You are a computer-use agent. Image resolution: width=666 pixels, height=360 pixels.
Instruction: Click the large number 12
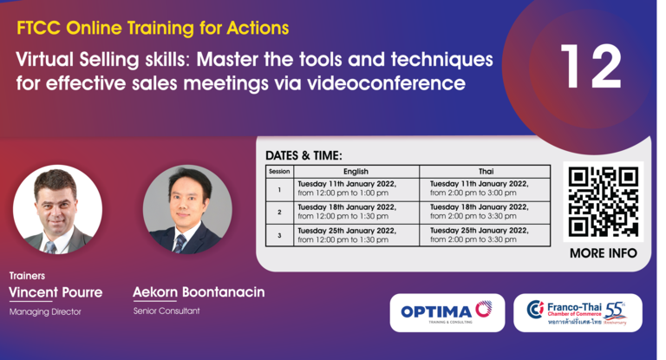[591, 66]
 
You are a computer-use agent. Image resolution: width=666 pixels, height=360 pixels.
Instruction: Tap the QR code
[604, 201]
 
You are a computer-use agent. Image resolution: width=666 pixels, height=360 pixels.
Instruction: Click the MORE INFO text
[604, 253]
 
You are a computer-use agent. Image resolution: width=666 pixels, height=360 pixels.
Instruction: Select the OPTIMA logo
[447, 312]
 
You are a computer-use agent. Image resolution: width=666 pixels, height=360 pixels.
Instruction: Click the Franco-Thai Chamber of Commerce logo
[578, 312]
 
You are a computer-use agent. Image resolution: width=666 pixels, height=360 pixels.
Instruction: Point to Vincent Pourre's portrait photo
[57, 210]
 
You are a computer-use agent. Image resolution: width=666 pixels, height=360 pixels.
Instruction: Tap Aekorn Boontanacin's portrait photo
[187, 210]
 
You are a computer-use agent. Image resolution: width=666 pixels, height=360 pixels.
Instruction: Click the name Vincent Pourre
[55, 292]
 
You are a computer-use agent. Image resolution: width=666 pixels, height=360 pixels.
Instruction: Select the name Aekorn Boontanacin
[199, 292]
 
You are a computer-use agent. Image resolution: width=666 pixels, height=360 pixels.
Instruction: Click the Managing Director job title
[45, 312]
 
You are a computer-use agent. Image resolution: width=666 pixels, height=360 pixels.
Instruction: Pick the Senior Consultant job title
[166, 311]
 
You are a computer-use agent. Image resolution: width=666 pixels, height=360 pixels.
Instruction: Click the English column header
[356, 171]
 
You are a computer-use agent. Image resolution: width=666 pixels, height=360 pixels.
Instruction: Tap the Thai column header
[486, 171]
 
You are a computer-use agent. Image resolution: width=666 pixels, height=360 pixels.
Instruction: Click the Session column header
[279, 171]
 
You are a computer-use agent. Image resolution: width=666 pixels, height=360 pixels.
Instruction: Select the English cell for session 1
[356, 189]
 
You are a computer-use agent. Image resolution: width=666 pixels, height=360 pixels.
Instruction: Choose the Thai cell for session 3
[485, 235]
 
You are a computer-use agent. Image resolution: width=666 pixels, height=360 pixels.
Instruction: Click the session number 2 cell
[279, 213]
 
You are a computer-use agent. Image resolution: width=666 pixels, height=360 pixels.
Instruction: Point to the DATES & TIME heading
[304, 155]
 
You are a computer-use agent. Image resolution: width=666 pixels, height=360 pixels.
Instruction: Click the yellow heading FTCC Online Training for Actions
[153, 28]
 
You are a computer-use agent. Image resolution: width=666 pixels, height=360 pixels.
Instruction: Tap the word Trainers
[27, 276]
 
